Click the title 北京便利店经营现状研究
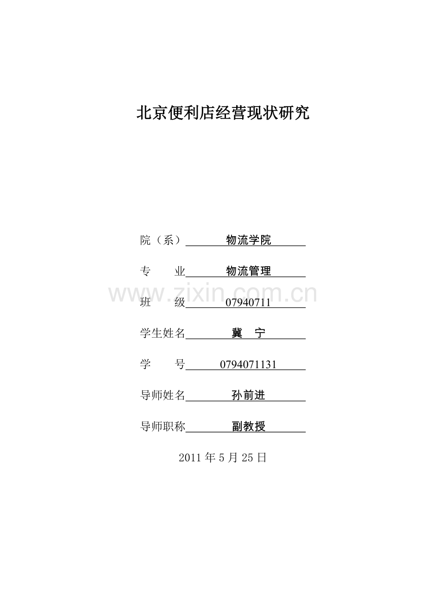click(223, 113)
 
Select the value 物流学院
click(248, 240)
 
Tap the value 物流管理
click(248, 271)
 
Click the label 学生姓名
click(163, 333)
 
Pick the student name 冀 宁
click(248, 333)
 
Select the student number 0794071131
click(248, 364)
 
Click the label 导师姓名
click(163, 396)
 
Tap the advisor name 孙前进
click(248, 396)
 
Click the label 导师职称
click(163, 427)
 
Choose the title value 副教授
click(249, 427)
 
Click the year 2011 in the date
click(189, 458)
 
